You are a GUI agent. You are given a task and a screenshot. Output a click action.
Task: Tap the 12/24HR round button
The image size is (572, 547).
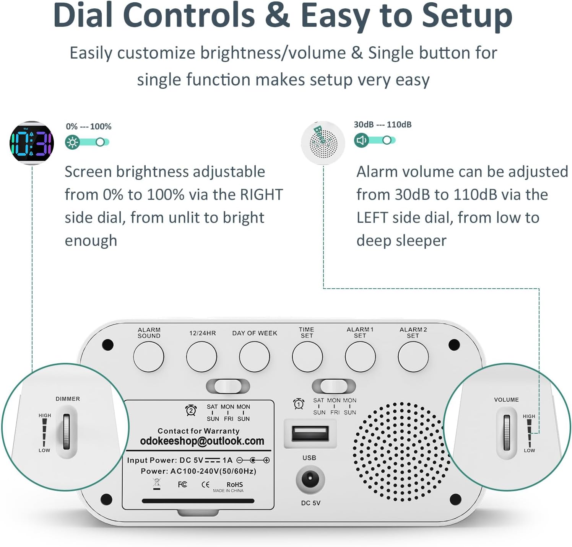[201, 356]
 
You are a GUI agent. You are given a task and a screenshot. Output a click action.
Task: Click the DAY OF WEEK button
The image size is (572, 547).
[254, 356]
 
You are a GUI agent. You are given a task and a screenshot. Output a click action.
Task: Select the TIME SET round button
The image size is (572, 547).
[307, 356]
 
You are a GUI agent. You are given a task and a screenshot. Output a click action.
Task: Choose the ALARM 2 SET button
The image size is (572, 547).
[413, 356]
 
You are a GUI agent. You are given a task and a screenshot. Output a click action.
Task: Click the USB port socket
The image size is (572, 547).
[310, 434]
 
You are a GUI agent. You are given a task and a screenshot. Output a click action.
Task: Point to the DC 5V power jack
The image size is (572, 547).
[310, 479]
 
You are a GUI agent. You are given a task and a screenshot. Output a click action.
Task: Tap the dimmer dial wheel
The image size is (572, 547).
[67, 431]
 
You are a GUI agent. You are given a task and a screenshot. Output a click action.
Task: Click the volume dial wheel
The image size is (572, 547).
[507, 433]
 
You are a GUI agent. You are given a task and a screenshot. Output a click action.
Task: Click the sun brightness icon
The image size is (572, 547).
[72, 142]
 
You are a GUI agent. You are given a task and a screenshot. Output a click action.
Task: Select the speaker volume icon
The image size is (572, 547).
[361, 140]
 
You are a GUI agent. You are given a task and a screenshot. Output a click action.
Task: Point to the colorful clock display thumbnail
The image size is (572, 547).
[32, 143]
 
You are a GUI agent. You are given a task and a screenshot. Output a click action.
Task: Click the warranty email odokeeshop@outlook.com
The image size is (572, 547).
[202, 441]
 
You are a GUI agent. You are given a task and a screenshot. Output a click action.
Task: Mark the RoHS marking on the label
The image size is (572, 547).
[234, 485]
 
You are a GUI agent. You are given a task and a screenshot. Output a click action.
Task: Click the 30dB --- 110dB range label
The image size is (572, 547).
[382, 124]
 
